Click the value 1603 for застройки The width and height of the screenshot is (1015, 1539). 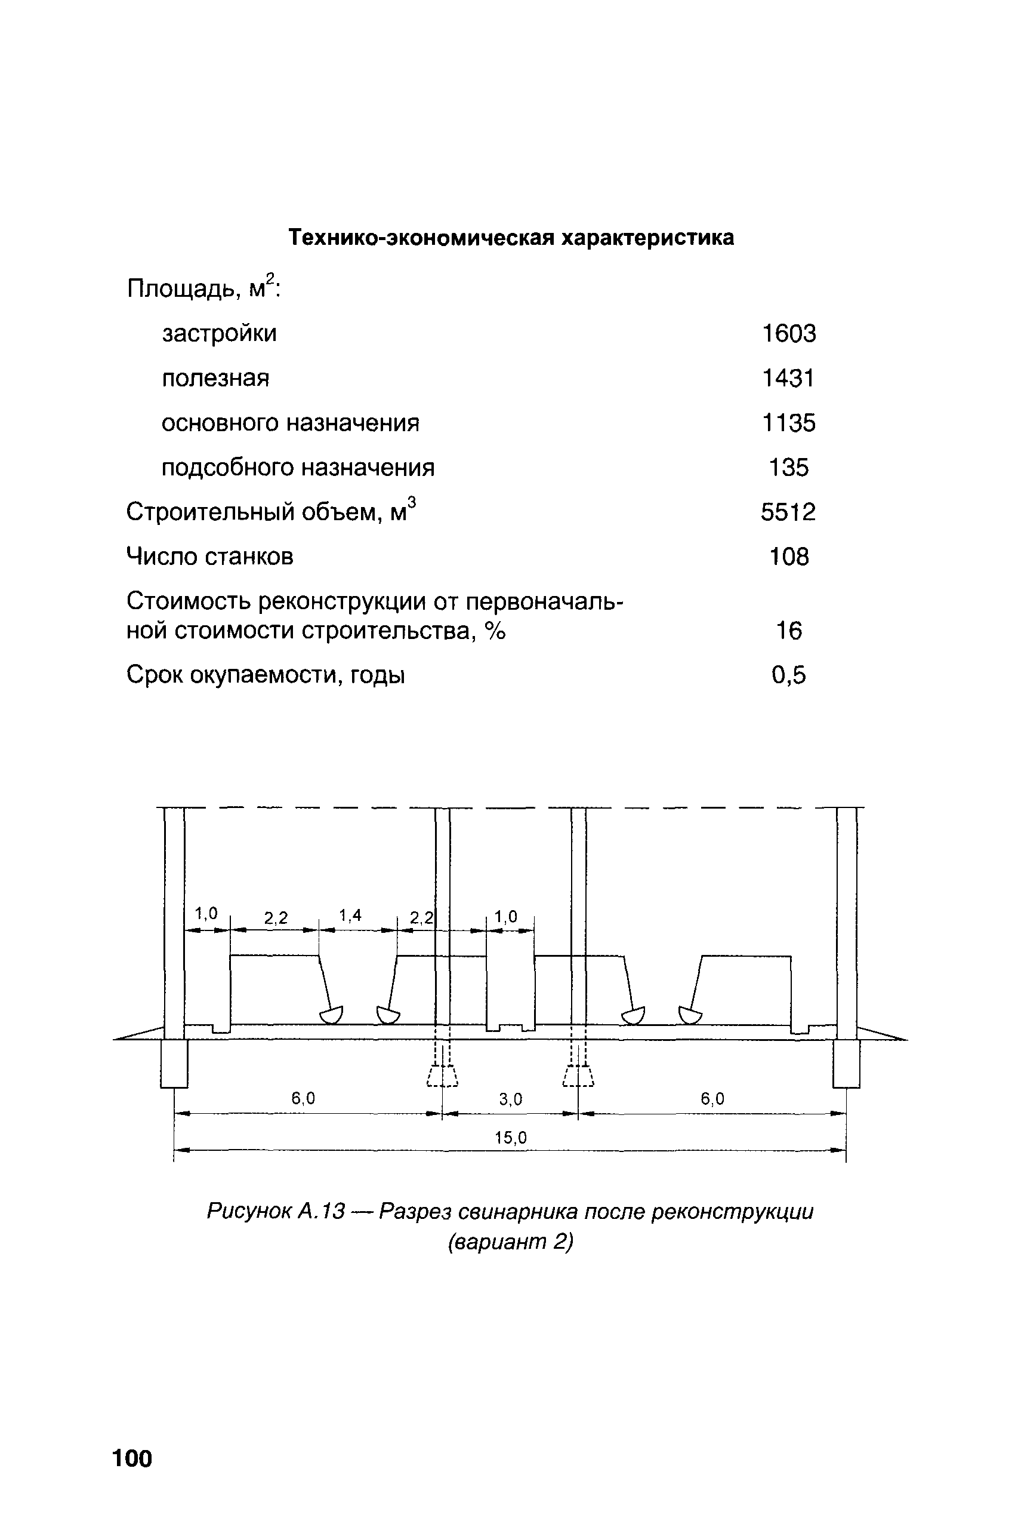pyautogui.click(x=788, y=334)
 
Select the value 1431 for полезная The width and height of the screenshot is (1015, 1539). pyautogui.click(x=788, y=378)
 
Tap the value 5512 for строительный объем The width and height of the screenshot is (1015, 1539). pyautogui.click(x=788, y=512)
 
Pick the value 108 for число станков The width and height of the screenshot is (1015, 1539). pyautogui.click(x=788, y=557)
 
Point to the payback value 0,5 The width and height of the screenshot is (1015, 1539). pyautogui.click(x=788, y=675)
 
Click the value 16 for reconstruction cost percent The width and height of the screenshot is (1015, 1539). pyautogui.click(x=788, y=630)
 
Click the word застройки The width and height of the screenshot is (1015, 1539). pyautogui.click(x=219, y=334)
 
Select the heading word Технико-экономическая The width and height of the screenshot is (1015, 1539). pyautogui.click(x=421, y=238)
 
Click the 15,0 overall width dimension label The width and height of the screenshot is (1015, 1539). pyautogui.click(x=511, y=1138)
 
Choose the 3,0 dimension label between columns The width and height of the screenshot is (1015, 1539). pyautogui.click(x=510, y=1099)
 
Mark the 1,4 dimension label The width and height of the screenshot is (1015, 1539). pyautogui.click(x=350, y=916)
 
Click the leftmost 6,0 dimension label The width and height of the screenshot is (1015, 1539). pyautogui.click(x=303, y=1098)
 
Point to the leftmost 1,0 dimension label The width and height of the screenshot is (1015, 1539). pyautogui.click(x=206, y=914)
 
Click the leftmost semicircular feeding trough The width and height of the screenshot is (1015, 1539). pyautogui.click(x=331, y=1015)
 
